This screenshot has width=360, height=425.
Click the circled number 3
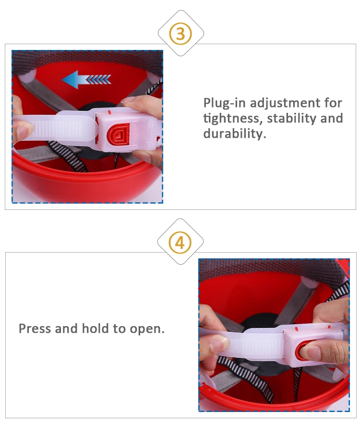pos(180,34)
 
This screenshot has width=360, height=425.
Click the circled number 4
pos(180,243)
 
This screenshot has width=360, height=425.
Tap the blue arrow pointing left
pos(86,80)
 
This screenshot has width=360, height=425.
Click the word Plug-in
pos(224,103)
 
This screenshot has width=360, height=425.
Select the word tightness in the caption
pos(233,119)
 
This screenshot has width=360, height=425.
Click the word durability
pos(235,134)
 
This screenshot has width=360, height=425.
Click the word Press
pos(35,328)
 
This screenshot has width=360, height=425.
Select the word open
pos(147,329)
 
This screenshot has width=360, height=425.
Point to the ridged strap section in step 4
pos(262,346)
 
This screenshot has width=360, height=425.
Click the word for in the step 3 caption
pos(334,103)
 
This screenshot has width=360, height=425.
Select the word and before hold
pos(66,328)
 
